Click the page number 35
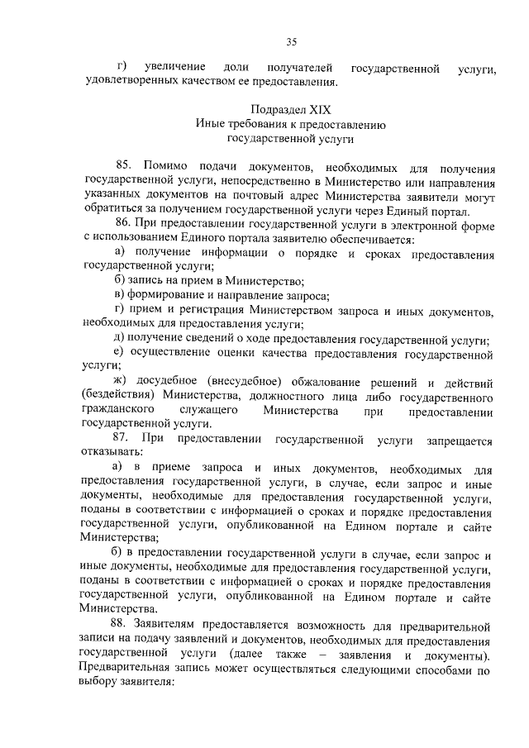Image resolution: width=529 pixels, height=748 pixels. pos(291,43)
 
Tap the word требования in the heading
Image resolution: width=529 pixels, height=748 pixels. pos(250,124)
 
